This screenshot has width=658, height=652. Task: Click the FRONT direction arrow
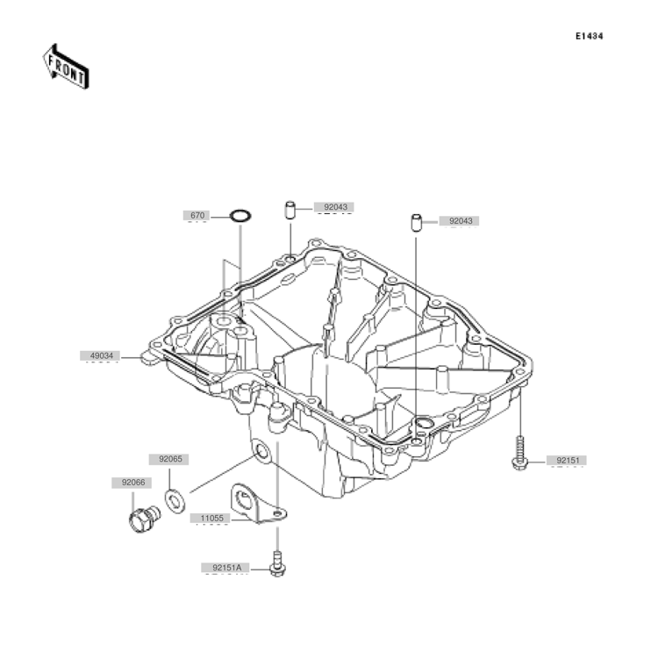(66, 68)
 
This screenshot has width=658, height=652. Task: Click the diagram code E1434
(590, 37)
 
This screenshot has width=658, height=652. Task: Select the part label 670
(197, 216)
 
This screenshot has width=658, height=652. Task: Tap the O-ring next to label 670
(240, 216)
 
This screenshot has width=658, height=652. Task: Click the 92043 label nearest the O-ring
(336, 207)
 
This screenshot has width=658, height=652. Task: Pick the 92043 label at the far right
(461, 221)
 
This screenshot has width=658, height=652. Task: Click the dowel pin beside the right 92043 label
(416, 222)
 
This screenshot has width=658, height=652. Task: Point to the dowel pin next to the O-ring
(290, 210)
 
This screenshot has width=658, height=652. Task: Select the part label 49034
(102, 356)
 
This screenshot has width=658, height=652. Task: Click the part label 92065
(170, 459)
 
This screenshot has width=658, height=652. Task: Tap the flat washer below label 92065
(175, 500)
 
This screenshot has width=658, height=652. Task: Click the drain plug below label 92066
(144, 519)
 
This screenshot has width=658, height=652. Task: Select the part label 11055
(212, 519)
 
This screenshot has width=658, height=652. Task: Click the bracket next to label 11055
(257, 503)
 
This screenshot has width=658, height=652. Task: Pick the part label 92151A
(226, 568)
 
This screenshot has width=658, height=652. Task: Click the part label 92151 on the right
(568, 461)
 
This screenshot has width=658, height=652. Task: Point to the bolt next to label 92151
(519, 453)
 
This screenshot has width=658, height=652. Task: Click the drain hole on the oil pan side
(261, 452)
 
